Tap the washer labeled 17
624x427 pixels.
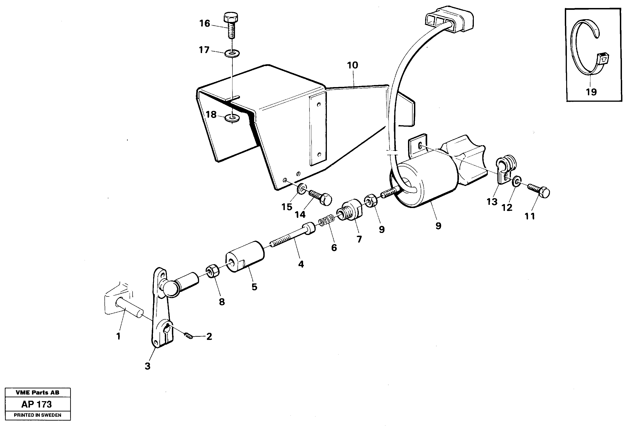[x=232, y=53]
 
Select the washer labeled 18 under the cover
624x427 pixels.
[x=233, y=118]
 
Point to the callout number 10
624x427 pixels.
[x=352, y=65]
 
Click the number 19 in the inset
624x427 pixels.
[x=591, y=92]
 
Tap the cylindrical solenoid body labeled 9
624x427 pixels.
[x=424, y=183]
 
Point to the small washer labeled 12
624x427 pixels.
[x=516, y=182]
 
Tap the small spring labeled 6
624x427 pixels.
[x=326, y=218]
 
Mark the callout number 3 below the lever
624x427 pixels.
[x=147, y=366]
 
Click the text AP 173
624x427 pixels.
[x=37, y=404]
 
